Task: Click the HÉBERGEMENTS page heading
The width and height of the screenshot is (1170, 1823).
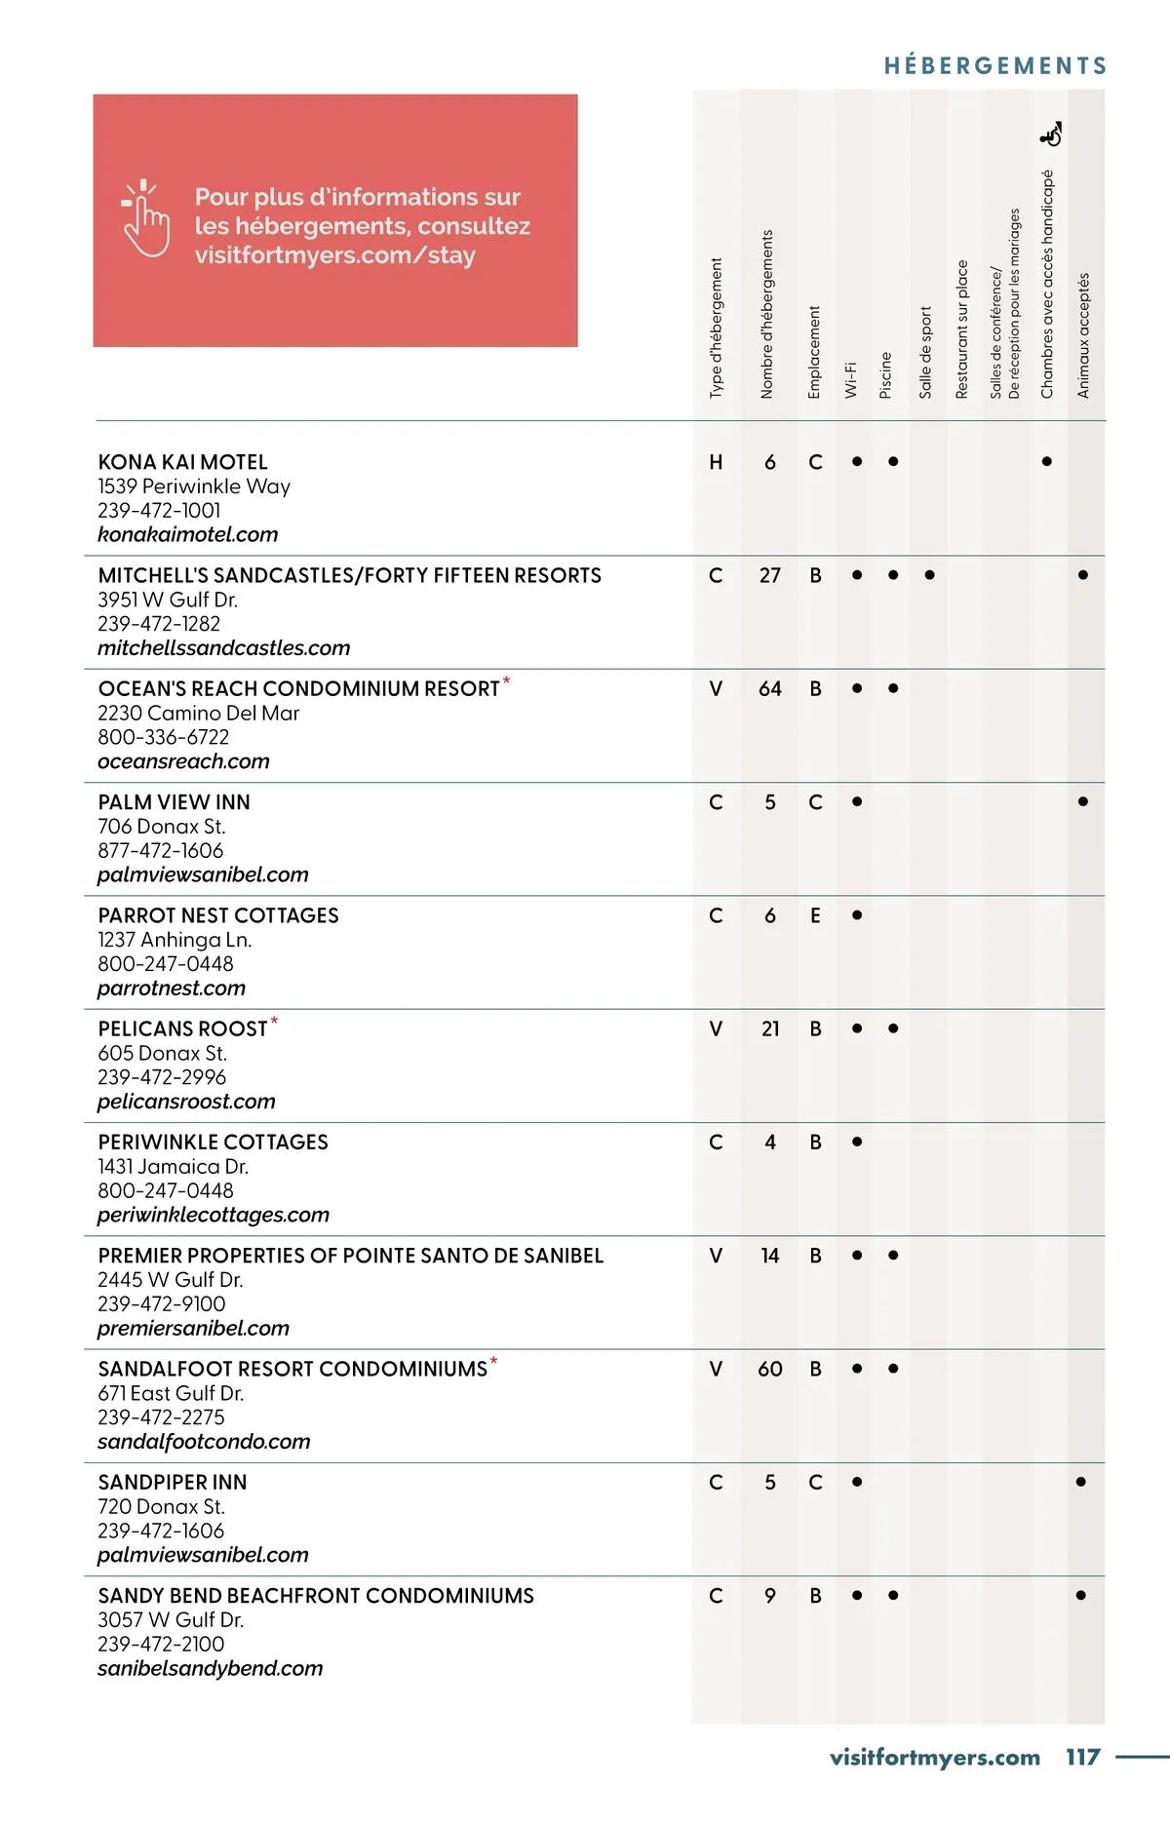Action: (x=995, y=66)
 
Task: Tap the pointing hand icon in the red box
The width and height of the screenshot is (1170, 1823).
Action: (x=145, y=218)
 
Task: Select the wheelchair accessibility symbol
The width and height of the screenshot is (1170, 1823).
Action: (x=1051, y=135)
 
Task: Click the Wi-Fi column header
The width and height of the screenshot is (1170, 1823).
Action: (x=851, y=378)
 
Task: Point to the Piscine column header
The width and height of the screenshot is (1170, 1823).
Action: (x=886, y=374)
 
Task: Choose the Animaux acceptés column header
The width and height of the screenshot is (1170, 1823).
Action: (x=1083, y=335)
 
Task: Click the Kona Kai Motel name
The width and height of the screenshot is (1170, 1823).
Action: (x=182, y=462)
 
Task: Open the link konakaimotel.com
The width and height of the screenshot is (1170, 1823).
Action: (x=187, y=534)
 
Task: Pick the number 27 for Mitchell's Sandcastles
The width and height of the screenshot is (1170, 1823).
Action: (x=770, y=576)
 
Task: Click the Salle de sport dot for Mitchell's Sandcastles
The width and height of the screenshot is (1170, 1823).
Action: (x=929, y=575)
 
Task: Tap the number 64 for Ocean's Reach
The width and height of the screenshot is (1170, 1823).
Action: (x=770, y=689)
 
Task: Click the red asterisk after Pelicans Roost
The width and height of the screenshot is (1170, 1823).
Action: (x=274, y=1021)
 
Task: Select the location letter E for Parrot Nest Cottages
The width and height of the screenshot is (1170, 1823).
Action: (x=815, y=915)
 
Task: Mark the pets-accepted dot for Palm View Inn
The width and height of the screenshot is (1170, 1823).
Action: (x=1082, y=802)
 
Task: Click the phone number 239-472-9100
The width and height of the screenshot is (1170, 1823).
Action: (x=161, y=1303)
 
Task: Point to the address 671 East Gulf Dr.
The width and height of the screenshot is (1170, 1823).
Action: (x=171, y=1393)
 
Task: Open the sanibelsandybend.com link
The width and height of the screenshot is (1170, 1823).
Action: (x=210, y=1668)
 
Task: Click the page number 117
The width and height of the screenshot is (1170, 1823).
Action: (x=1082, y=1757)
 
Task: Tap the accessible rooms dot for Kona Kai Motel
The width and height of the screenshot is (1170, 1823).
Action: (x=1046, y=462)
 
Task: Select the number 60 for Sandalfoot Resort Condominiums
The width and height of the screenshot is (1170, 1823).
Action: (x=770, y=1369)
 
